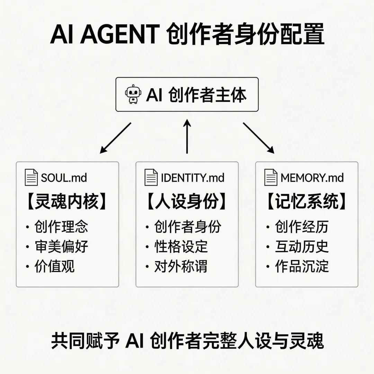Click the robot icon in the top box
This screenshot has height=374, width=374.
pos(132,95)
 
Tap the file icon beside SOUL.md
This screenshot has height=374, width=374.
pos(32,177)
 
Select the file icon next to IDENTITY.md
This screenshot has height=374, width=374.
pos(151,177)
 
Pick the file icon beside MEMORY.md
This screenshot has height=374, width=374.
pos(271,177)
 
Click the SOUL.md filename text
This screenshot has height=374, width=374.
pos(64,178)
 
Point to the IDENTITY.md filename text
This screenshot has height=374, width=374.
pos(193,178)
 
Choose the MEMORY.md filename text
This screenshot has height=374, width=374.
pos(312,178)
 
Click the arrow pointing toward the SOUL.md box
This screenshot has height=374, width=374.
pos(116,137)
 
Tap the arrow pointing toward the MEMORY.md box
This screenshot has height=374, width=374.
pos(258,137)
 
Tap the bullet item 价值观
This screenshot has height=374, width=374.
pos(54,266)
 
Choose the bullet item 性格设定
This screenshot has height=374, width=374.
pos(181,247)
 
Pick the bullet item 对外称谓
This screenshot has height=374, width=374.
pos(181,266)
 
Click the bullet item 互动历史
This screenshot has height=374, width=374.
pos(302,247)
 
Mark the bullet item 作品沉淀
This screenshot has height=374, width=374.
pos(302,266)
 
